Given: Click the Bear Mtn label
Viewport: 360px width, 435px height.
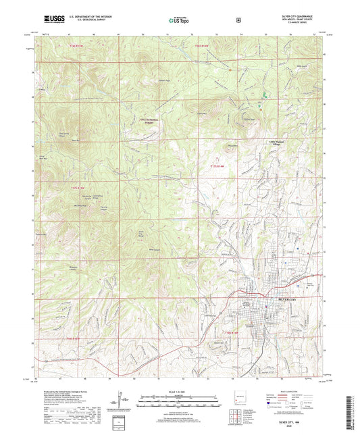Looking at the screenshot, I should click(76, 140).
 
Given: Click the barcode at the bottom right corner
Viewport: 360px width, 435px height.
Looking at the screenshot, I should click(351, 409).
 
